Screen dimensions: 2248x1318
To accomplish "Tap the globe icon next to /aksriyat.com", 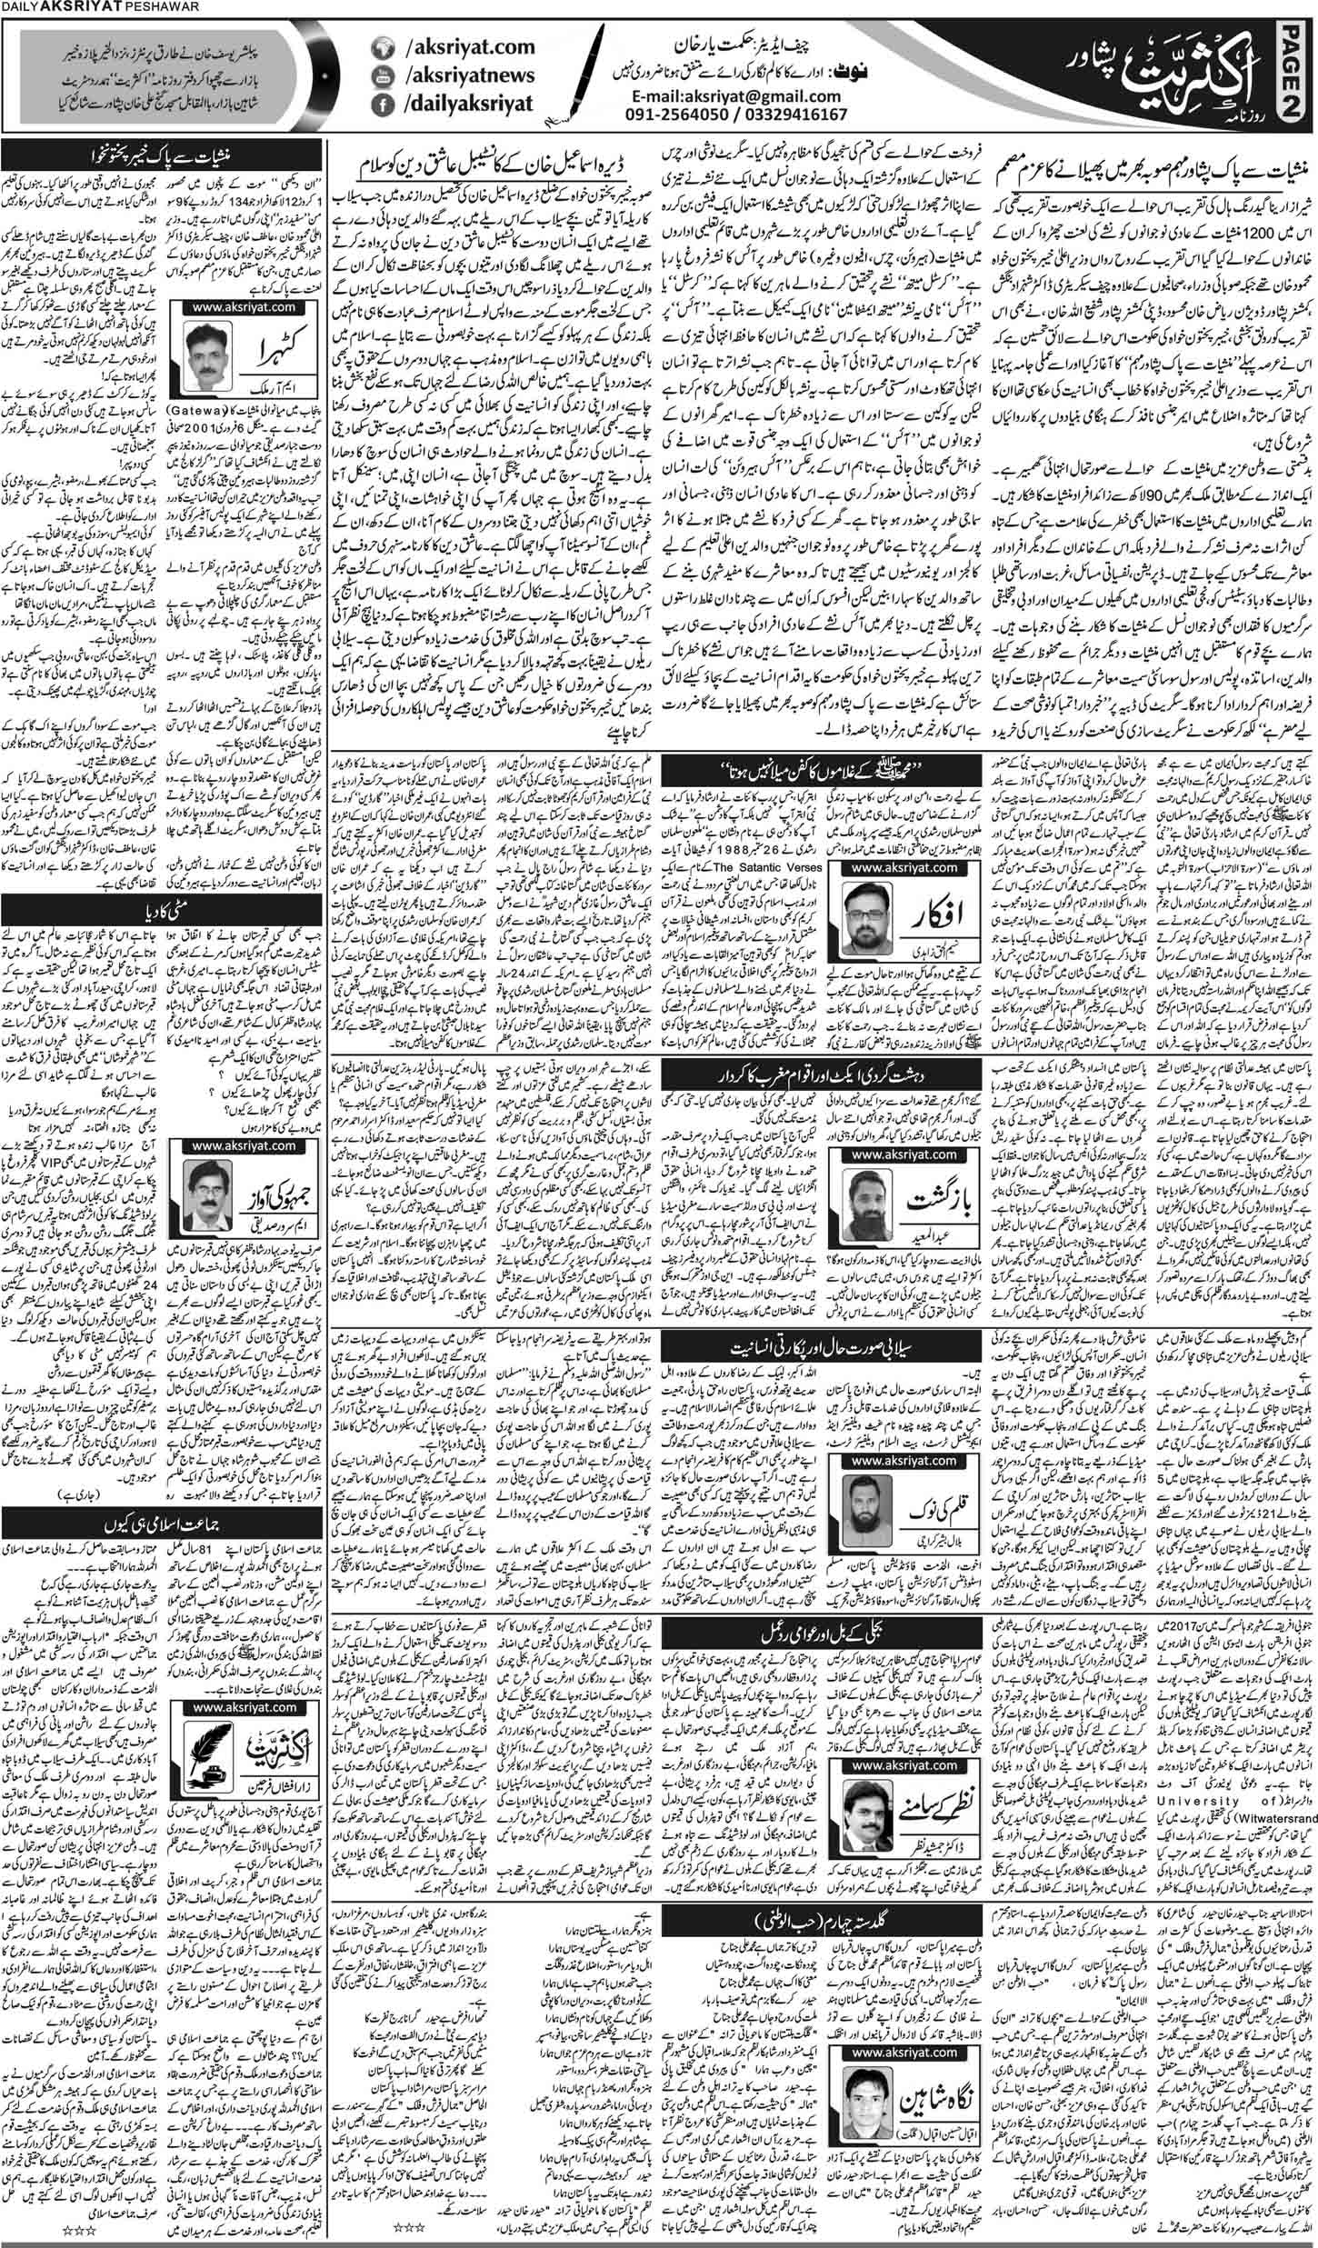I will [x=383, y=55].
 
